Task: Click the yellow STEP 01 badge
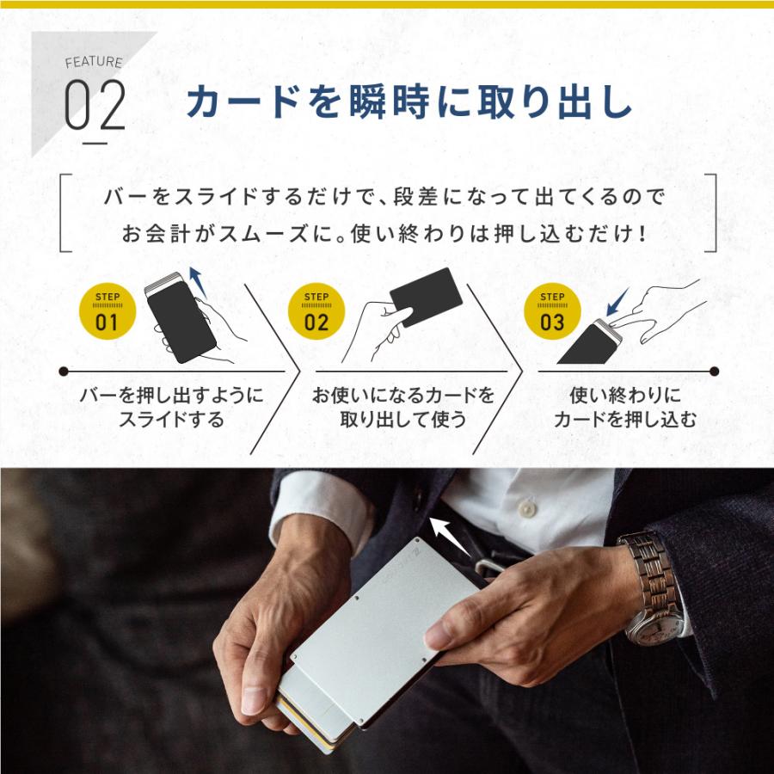pyautogui.click(x=107, y=311)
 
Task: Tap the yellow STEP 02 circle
pyautogui.click(x=316, y=311)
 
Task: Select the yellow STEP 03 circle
pyautogui.click(x=552, y=311)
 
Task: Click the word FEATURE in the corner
pyautogui.click(x=94, y=62)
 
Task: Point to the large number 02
pyautogui.click(x=95, y=105)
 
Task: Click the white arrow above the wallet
pyautogui.click(x=450, y=536)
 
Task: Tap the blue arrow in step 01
pyautogui.click(x=198, y=281)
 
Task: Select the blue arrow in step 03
pyautogui.click(x=617, y=302)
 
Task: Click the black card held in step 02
pyautogui.click(x=426, y=298)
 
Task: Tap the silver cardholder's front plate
pyautogui.click(x=383, y=632)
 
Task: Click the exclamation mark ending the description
pyautogui.click(x=642, y=233)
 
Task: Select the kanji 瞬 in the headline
pyautogui.click(x=367, y=102)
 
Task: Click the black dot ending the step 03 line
pyautogui.click(x=714, y=372)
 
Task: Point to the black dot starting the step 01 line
pyautogui.click(x=63, y=372)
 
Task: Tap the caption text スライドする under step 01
pyautogui.click(x=171, y=420)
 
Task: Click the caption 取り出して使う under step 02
pyautogui.click(x=402, y=420)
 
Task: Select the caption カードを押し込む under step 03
pyautogui.click(x=625, y=420)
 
